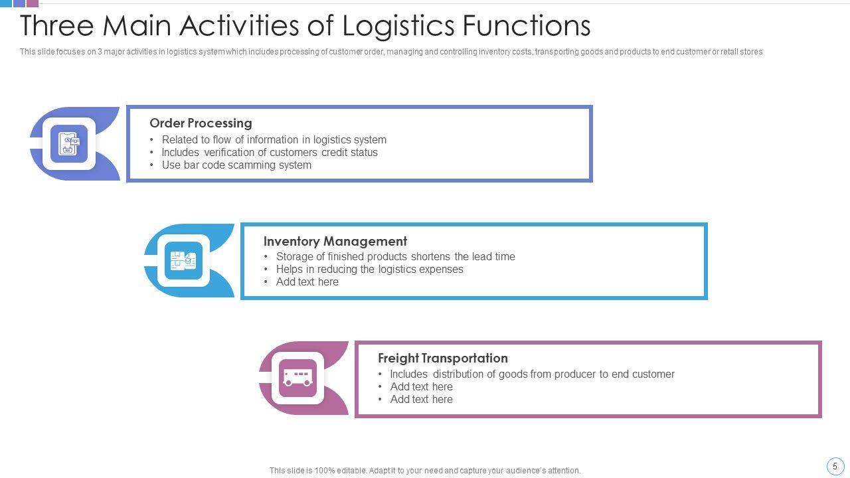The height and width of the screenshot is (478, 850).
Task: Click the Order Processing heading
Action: pos(201,123)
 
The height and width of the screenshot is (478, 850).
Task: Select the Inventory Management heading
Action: pos(335,241)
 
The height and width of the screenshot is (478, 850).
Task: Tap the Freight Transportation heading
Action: pos(442,358)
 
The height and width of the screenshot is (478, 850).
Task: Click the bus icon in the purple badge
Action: pos(297,378)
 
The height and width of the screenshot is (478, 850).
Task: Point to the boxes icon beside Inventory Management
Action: pos(183,260)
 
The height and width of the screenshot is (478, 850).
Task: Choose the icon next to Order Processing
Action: pos(69,143)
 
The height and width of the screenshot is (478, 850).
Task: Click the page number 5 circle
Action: pos(835,466)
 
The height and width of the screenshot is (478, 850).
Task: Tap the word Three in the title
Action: pos(57,26)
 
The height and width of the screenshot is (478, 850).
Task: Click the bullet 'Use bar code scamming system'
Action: pos(236,165)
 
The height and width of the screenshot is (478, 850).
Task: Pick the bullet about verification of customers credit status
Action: pos(270,152)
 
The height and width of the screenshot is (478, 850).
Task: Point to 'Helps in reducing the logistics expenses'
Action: pos(369,269)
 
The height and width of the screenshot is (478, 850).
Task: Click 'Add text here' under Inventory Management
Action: pos(307,281)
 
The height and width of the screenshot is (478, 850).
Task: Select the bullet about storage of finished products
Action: pos(395,256)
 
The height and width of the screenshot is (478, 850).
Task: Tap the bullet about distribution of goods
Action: pos(532,374)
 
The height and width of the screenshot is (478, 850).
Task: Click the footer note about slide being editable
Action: pos(425,470)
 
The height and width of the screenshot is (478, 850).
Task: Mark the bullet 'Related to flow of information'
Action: pos(274,139)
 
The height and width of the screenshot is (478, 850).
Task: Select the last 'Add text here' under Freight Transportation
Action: pos(421,399)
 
